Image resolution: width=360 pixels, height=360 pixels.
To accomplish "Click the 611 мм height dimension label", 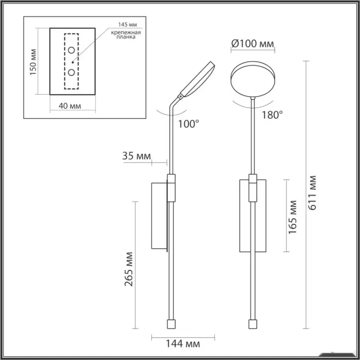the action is coord(313,193).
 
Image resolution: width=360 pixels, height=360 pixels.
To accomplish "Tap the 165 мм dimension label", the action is coord(293,217).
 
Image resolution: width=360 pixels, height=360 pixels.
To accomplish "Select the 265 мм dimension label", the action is coord(129,269).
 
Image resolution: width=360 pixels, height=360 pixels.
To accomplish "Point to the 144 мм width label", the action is coord(183,344).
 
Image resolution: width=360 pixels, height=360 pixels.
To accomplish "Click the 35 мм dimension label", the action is coord(137,156).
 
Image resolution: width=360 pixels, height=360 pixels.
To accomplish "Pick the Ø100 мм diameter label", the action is coord(253,43).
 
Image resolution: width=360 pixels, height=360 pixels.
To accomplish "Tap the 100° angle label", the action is coord(189,124).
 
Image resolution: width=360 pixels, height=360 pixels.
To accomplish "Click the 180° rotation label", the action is coord(272,115).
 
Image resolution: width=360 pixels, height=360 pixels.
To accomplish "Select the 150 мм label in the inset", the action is coord(33,62).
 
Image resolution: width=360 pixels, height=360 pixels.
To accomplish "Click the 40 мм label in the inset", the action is coord(70,106).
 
